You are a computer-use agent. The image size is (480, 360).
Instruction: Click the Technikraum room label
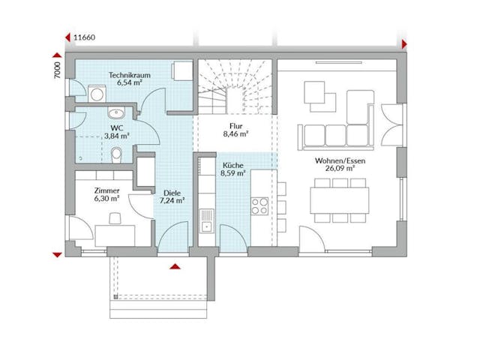point(125,76)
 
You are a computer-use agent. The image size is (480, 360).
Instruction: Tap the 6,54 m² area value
point(125,85)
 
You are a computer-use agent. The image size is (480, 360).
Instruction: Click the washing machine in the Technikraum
point(97,94)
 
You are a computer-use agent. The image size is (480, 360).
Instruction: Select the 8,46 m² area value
point(236,136)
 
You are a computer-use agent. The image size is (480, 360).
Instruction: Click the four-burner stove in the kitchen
point(260,205)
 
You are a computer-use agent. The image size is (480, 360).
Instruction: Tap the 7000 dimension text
point(56,72)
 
